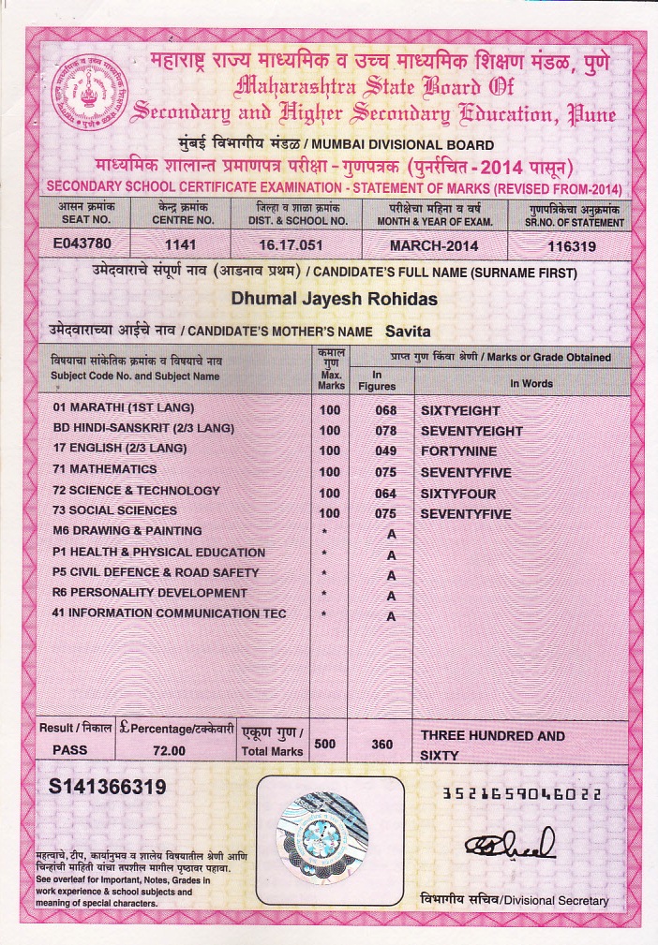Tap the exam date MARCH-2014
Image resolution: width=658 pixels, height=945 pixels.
click(x=434, y=246)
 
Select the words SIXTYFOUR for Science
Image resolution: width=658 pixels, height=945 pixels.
click(x=457, y=494)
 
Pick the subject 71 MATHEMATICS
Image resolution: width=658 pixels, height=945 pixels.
click(x=105, y=469)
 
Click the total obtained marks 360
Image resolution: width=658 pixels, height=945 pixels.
click(x=381, y=745)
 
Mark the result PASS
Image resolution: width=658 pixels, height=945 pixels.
click(x=68, y=751)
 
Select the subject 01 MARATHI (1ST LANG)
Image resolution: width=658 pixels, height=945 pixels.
click(x=123, y=407)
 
